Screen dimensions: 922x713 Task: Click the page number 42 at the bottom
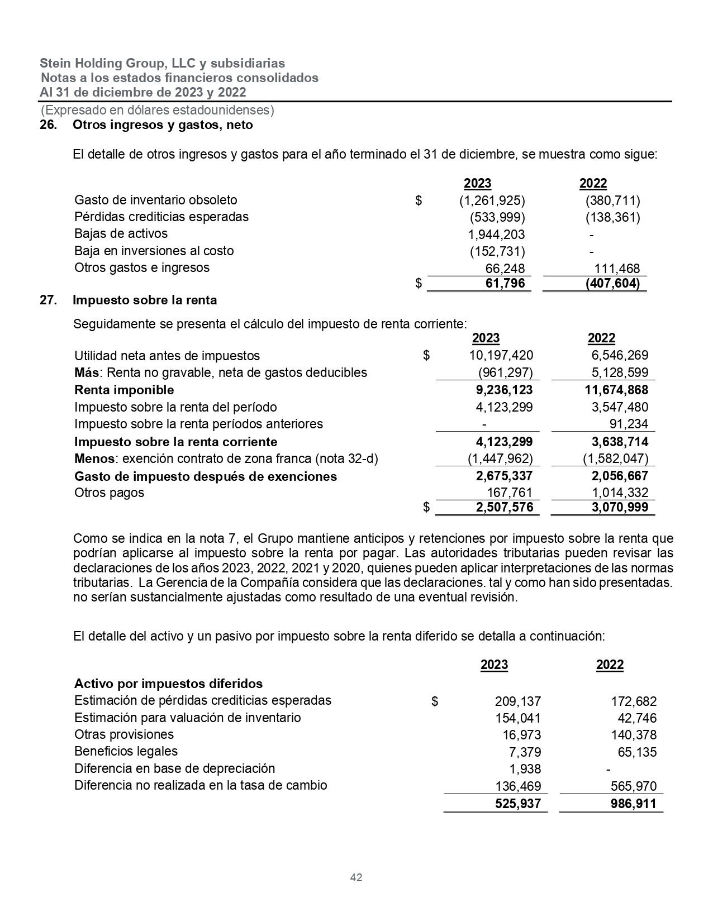[356, 877]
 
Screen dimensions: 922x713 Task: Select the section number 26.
[48, 125]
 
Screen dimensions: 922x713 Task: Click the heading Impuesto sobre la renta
[145, 300]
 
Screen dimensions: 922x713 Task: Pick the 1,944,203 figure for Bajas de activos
[496, 235]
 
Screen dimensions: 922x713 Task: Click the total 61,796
[505, 284]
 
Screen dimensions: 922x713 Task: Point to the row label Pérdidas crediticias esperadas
[161, 217]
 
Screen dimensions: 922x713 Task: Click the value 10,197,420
[501, 356]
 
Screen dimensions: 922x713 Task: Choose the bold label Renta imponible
[124, 390]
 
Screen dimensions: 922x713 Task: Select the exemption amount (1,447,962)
[500, 459]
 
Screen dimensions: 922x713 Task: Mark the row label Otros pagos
[109, 493]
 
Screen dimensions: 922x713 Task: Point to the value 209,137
[518, 701]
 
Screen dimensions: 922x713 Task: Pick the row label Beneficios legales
[126, 752]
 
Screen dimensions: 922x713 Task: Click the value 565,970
[634, 786]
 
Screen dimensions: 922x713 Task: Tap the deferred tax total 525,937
[518, 804]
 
